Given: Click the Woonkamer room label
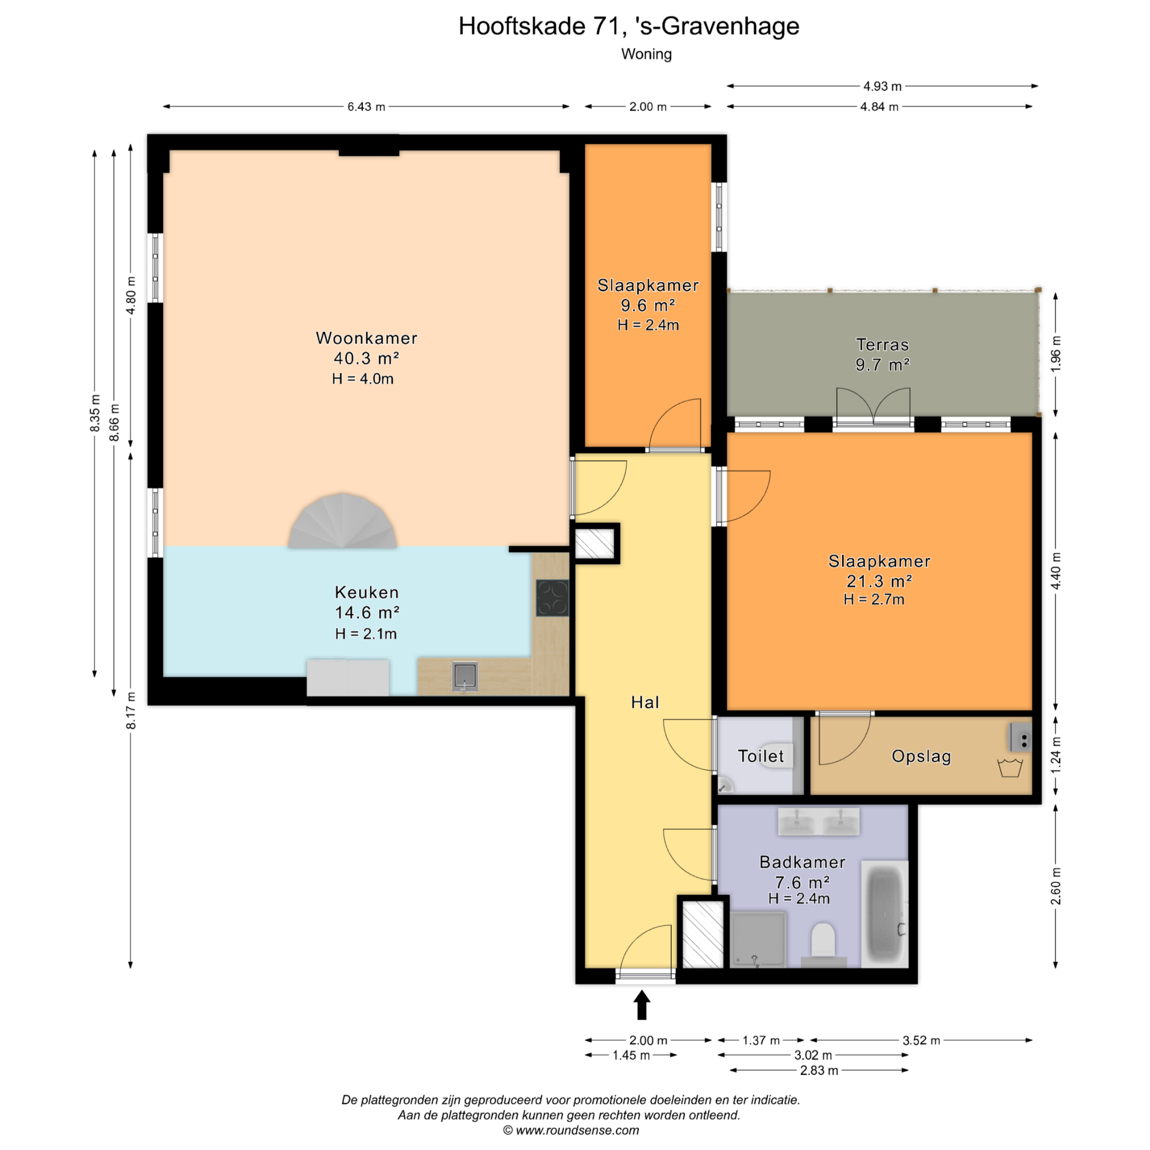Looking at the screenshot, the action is point(366,338).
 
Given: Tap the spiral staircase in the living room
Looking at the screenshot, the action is point(342,520).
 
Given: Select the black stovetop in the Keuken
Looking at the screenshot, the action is point(552,597).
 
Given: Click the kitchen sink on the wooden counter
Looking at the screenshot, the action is point(465,676).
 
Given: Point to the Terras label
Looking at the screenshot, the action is point(882,344).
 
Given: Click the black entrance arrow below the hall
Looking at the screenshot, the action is point(642,1004).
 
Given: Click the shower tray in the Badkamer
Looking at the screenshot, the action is point(758,939).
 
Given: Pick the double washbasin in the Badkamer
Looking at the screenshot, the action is point(818,821).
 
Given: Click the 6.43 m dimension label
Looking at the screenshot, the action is point(366,107).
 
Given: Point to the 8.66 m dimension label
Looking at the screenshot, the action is point(114,422).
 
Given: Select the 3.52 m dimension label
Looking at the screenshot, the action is point(921,1040).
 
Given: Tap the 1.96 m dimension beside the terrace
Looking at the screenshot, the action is point(1055,354).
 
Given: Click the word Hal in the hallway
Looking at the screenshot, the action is point(645,702).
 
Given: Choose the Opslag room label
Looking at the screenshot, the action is point(921,756).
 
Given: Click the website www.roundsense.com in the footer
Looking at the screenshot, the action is point(577,1130).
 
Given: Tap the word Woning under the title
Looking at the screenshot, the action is point(646,54).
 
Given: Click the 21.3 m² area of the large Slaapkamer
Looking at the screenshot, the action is point(879,580).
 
